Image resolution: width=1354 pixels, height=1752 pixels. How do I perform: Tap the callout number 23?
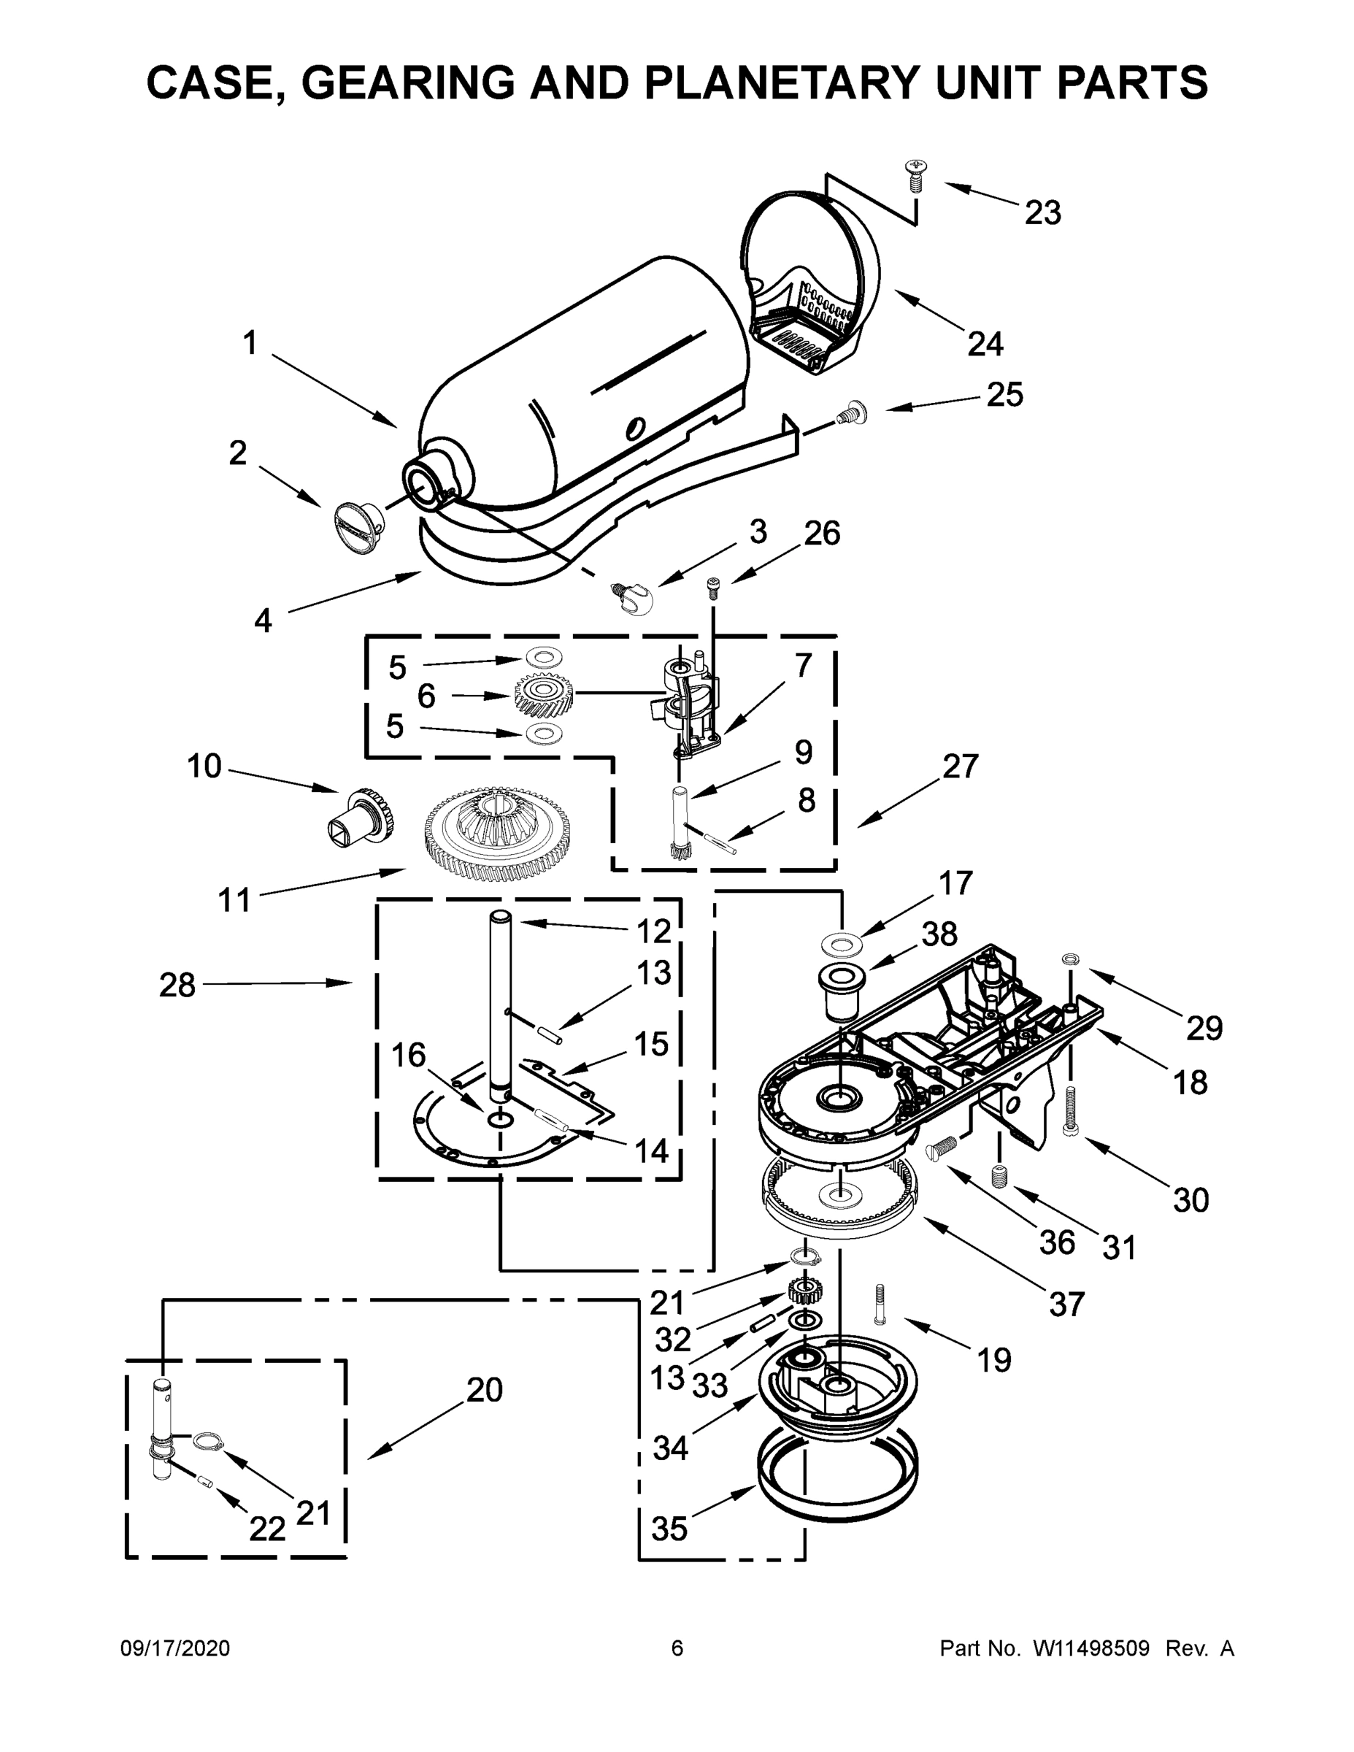1043,213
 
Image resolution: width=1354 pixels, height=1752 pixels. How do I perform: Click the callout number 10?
204,766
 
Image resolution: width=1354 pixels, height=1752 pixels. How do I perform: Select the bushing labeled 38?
841,991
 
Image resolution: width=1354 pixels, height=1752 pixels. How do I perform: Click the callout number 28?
177,985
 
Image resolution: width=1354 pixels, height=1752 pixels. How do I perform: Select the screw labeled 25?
850,413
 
